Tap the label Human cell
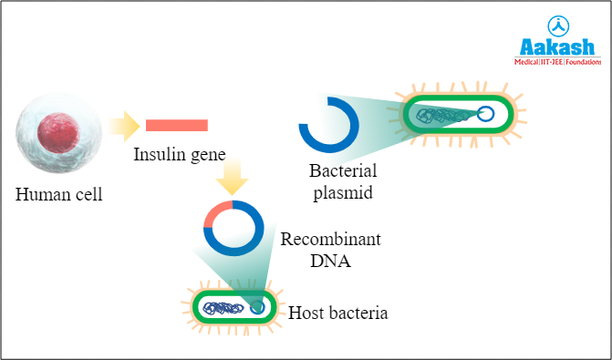coord(59,194)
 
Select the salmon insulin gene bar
coord(177,125)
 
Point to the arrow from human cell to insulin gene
coord(121,126)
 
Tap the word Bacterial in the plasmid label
coord(343,171)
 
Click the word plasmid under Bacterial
coord(343,192)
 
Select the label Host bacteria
coord(338,314)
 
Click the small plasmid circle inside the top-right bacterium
coord(486,114)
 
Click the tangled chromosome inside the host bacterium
coord(223,308)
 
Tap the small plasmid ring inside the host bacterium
coord(258,308)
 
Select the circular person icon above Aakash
coord(555,24)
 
